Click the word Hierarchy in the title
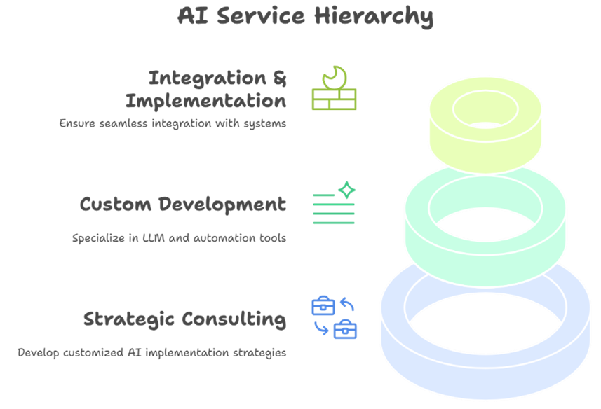coord(374,16)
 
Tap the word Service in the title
coord(261,15)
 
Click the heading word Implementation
coord(206,102)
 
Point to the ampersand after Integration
coord(280,78)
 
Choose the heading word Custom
coord(116,204)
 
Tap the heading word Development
coord(222,204)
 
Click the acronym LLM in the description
coord(154,237)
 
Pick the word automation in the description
coord(224,238)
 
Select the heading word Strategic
coord(129,319)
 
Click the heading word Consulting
coord(234,319)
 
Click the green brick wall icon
coord(335,99)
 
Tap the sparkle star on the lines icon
coord(347,190)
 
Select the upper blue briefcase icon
coord(323,305)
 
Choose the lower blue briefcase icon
coord(345,329)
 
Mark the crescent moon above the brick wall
coord(335,78)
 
